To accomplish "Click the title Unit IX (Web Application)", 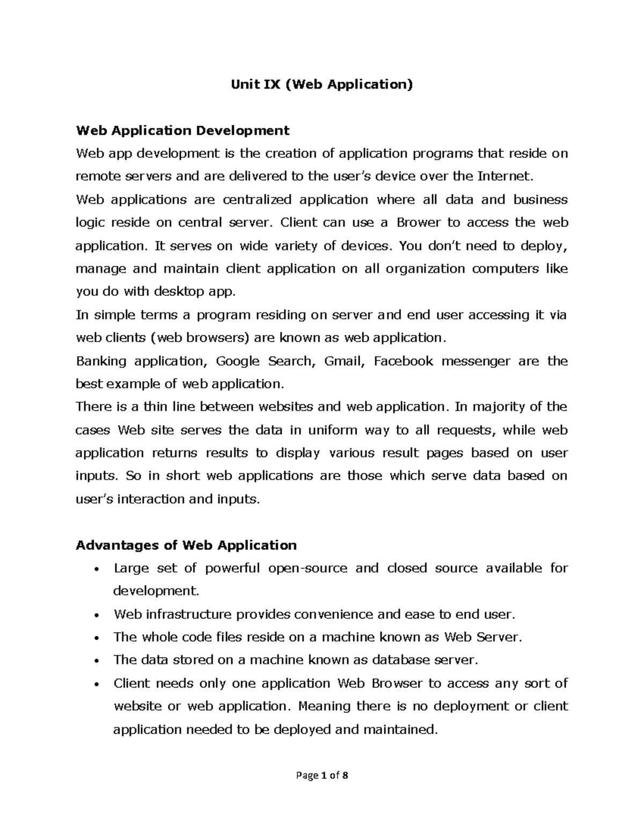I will (x=322, y=84).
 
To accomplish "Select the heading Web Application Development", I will (x=182, y=130).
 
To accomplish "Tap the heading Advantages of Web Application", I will (x=186, y=545).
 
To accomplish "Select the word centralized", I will (x=257, y=200).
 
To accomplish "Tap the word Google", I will (x=237, y=361).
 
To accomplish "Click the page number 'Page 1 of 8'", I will (x=322, y=775).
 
